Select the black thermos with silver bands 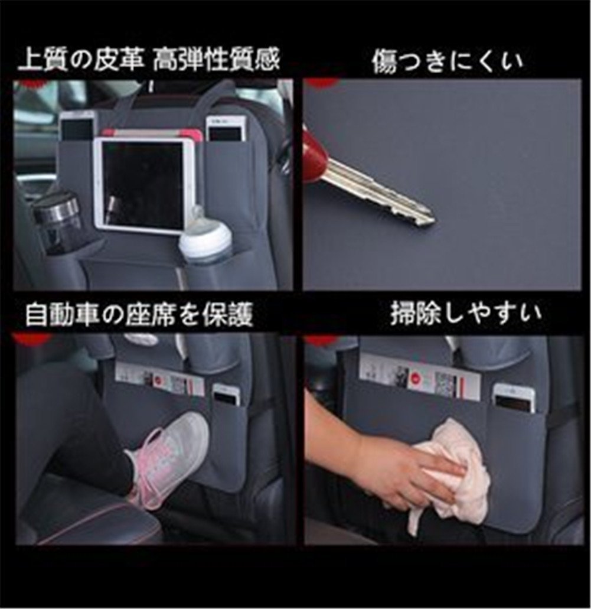(58, 222)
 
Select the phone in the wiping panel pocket (513, 398)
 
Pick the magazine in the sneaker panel (160, 379)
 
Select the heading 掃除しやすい (465, 314)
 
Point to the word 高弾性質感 (216, 61)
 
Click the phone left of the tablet (77, 126)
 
